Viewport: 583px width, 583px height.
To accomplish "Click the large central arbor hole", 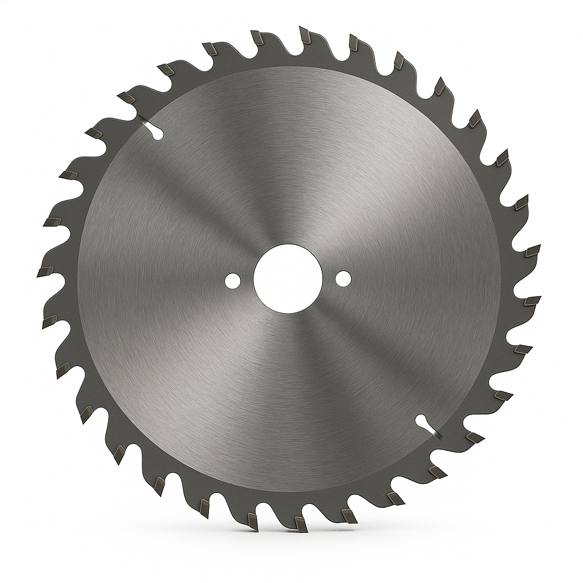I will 288,278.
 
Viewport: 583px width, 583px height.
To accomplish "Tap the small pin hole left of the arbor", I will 232,280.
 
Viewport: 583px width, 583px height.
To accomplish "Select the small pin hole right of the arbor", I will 343,278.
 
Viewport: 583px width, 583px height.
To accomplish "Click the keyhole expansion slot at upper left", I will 153,129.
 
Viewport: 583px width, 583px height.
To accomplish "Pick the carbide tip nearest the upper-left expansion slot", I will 127,97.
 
